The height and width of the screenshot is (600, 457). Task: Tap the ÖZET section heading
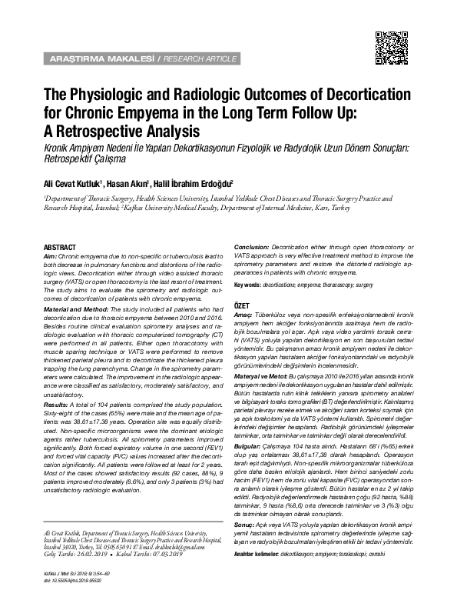coord(243,305)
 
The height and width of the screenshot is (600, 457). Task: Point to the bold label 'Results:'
coord(56,403)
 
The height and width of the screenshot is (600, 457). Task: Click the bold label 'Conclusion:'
coord(255,245)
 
